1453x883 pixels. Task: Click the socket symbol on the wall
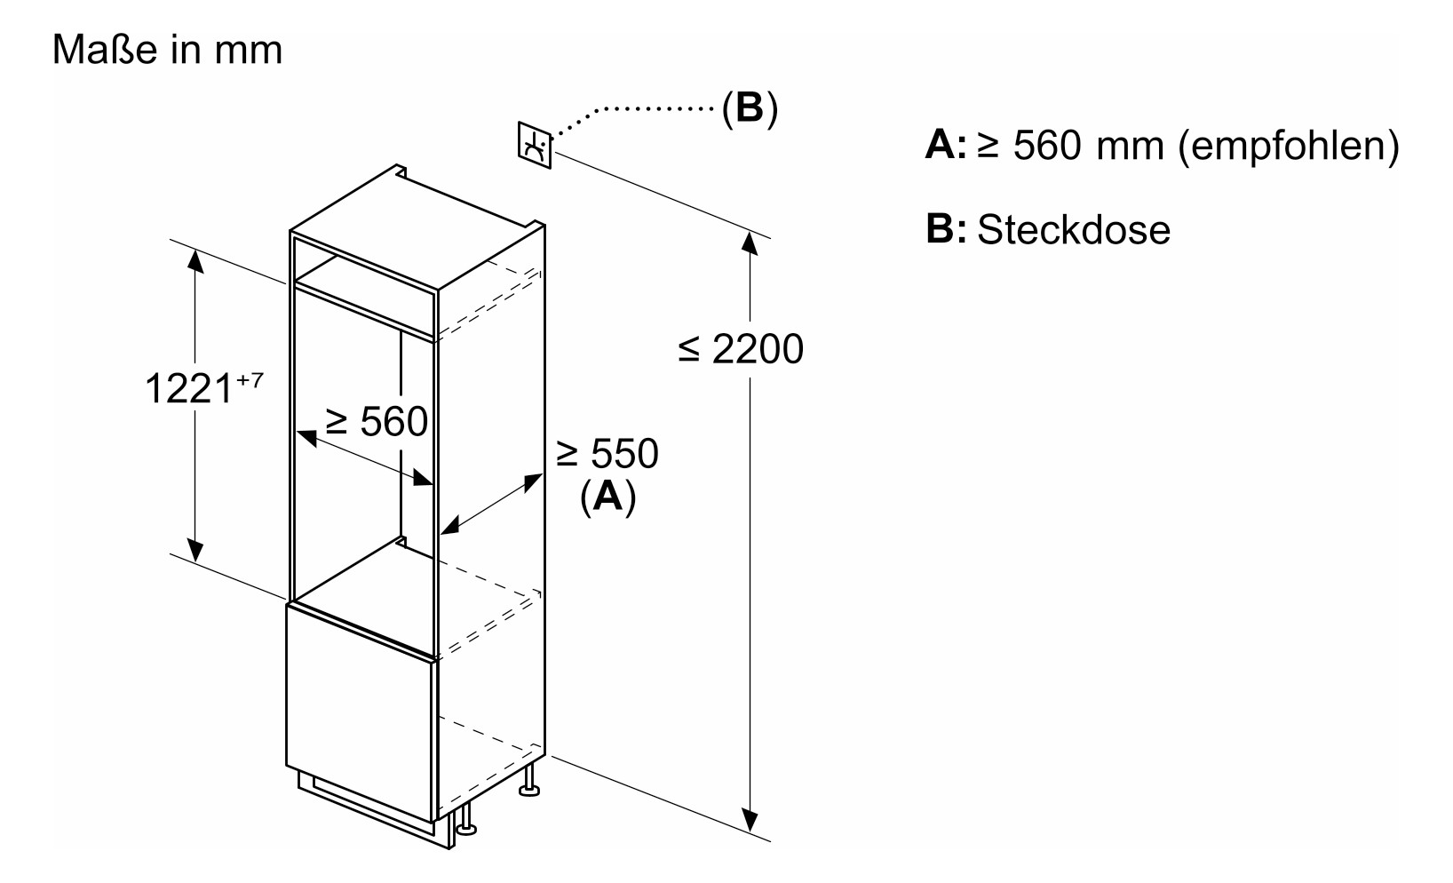[x=535, y=144]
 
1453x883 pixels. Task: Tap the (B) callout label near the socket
[x=749, y=108]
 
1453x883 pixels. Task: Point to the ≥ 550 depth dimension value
[x=607, y=453]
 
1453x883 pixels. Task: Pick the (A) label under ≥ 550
[x=607, y=496]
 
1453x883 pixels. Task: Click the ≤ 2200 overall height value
[x=741, y=349]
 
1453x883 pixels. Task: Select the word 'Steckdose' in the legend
[x=1074, y=229]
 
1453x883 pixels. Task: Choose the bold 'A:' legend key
[x=945, y=146]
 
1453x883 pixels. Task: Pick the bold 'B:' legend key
[x=945, y=229]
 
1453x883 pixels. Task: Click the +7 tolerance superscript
[x=250, y=379]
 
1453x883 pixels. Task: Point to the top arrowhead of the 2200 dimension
[x=751, y=243]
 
